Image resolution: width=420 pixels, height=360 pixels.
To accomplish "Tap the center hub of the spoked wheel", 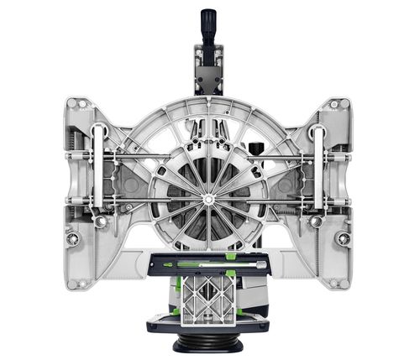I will tap(207, 199).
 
